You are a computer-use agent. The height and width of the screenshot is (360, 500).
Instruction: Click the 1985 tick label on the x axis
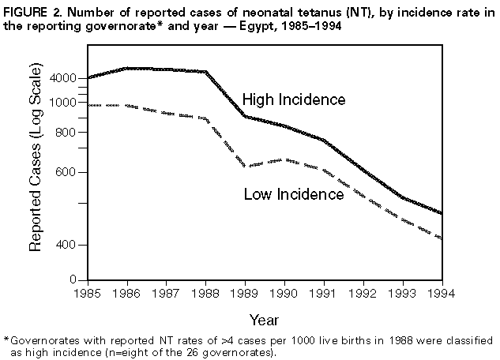click(88, 292)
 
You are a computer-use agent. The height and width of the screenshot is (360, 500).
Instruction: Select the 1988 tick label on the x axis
click(205, 292)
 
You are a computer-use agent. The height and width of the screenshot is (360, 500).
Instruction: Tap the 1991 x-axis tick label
click(324, 292)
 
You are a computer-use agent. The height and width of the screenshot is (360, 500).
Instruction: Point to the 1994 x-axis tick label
click(442, 292)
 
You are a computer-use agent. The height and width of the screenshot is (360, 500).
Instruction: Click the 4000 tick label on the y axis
click(63, 79)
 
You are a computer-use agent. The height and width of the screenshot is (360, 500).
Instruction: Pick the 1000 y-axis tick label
click(63, 103)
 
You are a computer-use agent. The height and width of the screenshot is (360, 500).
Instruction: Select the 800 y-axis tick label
click(66, 133)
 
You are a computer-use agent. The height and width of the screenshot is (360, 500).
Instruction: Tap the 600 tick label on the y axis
click(66, 173)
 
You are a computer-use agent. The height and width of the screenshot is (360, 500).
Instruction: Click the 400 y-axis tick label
click(66, 246)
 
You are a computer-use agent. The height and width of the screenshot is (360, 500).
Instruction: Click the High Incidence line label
click(293, 100)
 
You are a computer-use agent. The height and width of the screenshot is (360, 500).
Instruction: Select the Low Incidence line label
click(293, 194)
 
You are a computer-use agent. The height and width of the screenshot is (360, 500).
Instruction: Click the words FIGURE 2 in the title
click(33, 9)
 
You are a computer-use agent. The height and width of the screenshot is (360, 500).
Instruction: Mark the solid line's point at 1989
click(245, 117)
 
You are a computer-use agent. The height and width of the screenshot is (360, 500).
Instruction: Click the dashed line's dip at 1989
click(245, 166)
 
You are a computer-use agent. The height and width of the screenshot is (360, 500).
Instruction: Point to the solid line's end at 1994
click(442, 214)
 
